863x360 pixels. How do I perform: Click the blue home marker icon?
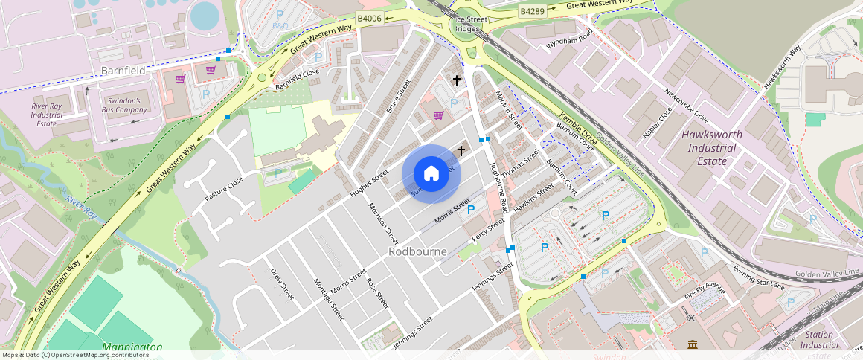(431, 174)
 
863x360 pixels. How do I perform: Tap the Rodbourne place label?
(417, 251)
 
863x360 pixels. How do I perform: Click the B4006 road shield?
(369, 18)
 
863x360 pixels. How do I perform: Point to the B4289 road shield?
(533, 11)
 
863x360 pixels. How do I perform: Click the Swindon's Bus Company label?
(121, 105)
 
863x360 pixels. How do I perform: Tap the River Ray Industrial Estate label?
(47, 115)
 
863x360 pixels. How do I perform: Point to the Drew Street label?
(282, 283)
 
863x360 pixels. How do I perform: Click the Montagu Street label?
(328, 298)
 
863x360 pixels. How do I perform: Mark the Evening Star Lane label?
(758, 277)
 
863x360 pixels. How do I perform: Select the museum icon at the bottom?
(693, 344)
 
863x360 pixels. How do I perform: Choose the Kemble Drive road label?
(578, 129)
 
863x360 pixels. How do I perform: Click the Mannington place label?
(132, 347)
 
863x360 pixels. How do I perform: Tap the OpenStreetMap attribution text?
(75, 355)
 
